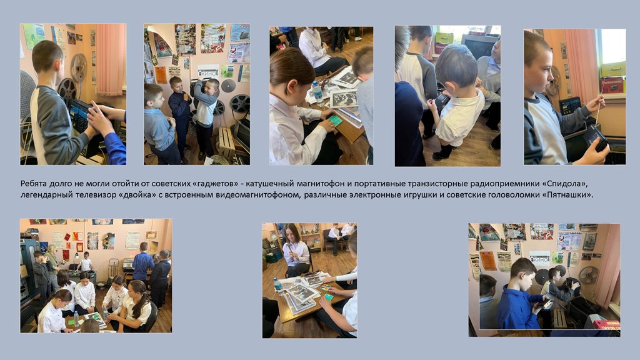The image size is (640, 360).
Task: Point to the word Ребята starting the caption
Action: [x=34, y=184]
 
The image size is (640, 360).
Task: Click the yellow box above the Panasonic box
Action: [x=613, y=69]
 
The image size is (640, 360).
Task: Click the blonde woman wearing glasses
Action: [x=52, y=265]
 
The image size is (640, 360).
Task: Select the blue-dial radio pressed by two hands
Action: [x=81, y=116]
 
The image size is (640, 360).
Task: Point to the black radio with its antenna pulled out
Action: [x=596, y=138]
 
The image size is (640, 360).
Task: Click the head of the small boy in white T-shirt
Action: [x=456, y=64]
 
